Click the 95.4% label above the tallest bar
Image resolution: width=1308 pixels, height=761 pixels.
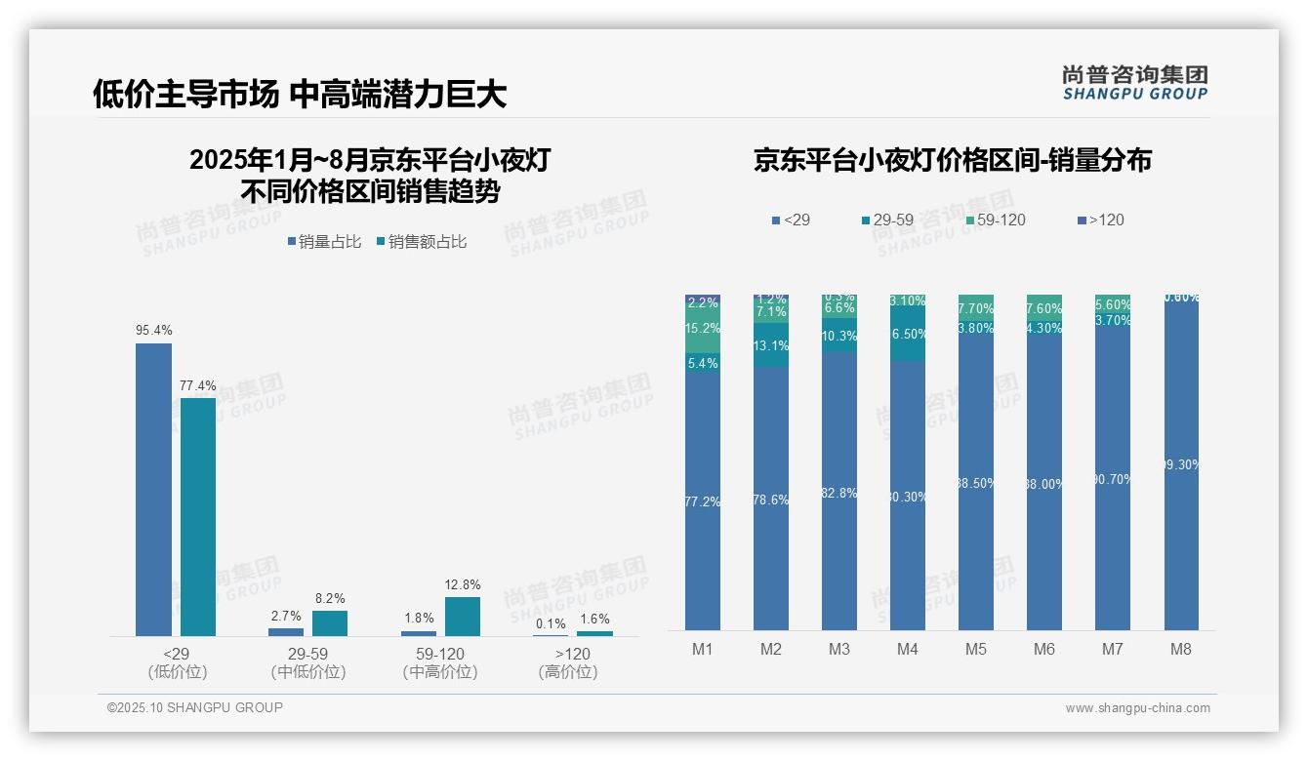[153, 331]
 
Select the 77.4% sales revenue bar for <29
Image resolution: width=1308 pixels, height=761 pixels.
[198, 516]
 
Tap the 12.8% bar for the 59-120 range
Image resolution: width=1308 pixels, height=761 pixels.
[463, 617]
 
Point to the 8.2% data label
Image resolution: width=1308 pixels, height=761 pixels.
[330, 598]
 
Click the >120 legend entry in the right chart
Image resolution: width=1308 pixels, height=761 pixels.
[1100, 220]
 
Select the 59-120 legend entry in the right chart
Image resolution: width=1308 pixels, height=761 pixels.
[995, 220]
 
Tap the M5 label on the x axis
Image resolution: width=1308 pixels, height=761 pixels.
[976, 649]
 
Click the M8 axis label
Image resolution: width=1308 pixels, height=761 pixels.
[1181, 649]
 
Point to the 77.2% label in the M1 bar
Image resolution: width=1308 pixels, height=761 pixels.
[703, 501]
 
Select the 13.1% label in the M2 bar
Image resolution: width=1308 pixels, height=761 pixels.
[771, 346]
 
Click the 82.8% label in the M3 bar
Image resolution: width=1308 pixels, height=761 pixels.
[839, 494]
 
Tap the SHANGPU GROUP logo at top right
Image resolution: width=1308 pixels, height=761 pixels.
[1134, 83]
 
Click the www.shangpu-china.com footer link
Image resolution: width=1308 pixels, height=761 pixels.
[1137, 708]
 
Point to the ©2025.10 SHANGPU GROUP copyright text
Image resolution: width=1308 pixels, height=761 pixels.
[195, 707]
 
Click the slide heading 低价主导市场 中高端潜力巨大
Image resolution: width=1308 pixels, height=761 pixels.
[300, 94]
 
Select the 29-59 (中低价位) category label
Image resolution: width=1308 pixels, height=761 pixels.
[308, 662]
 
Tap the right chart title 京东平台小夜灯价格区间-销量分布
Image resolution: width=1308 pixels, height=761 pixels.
[952, 160]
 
